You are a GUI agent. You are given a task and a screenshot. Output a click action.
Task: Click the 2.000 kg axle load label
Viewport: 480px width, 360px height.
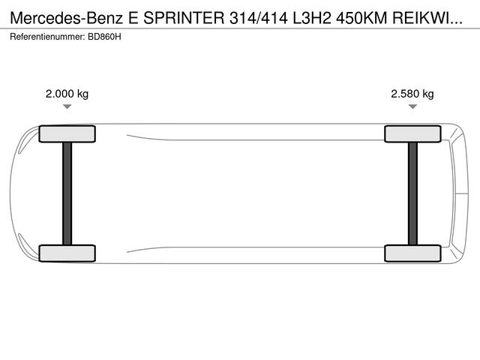pyautogui.click(x=67, y=94)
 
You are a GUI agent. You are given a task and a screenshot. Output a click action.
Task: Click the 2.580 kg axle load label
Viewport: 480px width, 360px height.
pyautogui.click(x=412, y=94)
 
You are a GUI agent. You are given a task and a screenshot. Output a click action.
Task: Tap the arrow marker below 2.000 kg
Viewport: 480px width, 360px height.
pyautogui.click(x=67, y=106)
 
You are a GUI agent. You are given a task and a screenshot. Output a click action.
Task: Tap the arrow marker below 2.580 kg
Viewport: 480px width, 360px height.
pyautogui.click(x=412, y=106)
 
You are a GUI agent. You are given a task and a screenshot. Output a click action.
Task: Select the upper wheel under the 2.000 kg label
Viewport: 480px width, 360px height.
pyautogui.click(x=67, y=133)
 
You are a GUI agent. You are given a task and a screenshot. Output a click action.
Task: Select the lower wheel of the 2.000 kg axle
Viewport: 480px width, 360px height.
pyautogui.click(x=67, y=253)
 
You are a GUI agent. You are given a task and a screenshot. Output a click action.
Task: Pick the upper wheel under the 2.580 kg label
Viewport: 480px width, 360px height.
pyautogui.click(x=412, y=133)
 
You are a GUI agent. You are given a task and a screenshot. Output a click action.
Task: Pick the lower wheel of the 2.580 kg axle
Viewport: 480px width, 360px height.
pyautogui.click(x=412, y=253)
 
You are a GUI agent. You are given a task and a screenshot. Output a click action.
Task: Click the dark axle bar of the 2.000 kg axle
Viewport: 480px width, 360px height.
pyautogui.click(x=67, y=193)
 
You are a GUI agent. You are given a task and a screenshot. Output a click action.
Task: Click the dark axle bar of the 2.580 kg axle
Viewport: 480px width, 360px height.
pyautogui.click(x=412, y=193)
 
